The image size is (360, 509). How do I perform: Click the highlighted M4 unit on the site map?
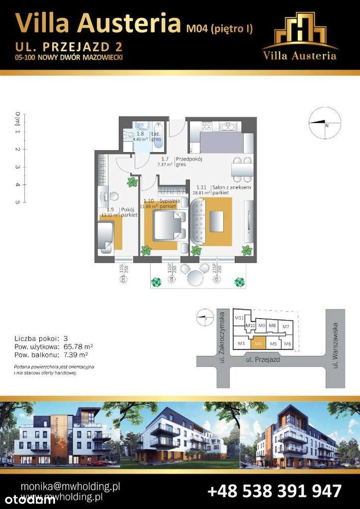(x=258, y=344)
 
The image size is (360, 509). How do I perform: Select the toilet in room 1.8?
(x=127, y=136)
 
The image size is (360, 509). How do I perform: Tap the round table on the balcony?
(x=195, y=278)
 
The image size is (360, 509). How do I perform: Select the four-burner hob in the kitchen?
(x=207, y=127)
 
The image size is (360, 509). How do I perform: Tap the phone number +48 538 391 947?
(x=274, y=491)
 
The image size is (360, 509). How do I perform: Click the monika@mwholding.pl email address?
(x=69, y=486)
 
